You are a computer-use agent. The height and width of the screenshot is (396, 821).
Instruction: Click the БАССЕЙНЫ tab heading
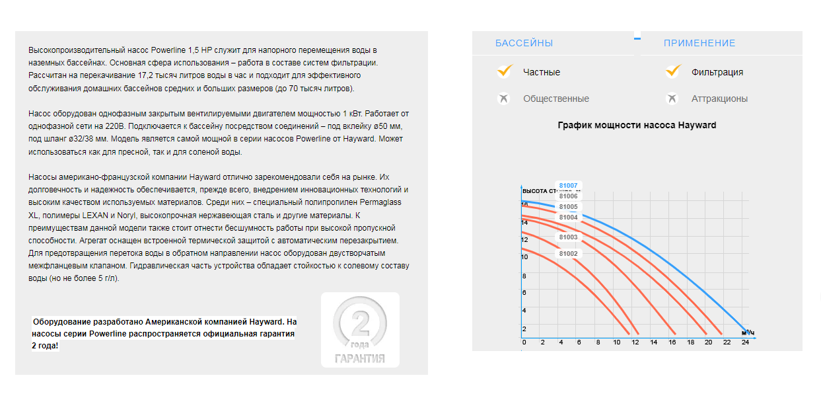pos(524,43)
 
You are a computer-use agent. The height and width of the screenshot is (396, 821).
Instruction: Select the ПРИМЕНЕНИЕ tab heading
pos(699,43)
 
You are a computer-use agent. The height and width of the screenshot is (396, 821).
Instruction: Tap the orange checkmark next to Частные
pos(505,71)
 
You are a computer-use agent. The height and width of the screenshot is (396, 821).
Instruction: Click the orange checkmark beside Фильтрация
pos(673,71)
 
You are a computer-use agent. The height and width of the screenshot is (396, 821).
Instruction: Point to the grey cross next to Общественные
pos(505,99)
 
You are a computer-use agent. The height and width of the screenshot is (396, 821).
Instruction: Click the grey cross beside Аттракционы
pos(672,99)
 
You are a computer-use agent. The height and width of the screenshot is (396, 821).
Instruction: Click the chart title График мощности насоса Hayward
pos(636,125)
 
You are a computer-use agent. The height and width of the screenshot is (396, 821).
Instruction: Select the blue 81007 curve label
pos(568,186)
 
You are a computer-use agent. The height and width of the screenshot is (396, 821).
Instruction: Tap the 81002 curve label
pos(568,254)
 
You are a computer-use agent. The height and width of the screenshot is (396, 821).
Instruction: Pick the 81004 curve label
pos(568,218)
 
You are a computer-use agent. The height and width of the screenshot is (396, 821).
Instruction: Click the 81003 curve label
pos(568,237)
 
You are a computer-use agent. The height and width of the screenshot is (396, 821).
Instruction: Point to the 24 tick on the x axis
pos(745,342)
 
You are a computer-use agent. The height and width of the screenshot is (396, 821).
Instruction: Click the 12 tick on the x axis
pos(635,342)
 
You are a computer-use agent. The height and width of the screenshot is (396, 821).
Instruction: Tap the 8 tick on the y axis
pos(524,276)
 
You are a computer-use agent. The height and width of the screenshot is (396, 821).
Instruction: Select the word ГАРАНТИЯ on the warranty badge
pos(359,359)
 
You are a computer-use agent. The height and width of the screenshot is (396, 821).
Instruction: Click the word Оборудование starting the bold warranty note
pos(61,322)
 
